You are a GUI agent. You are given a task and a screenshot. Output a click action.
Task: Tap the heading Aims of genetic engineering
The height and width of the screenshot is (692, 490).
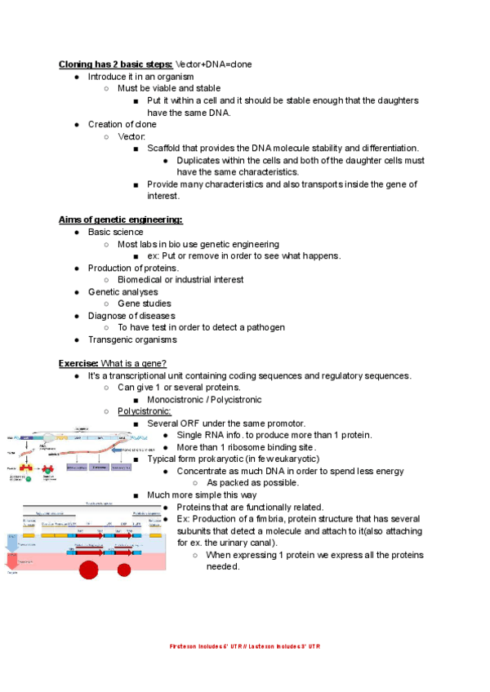(x=120, y=220)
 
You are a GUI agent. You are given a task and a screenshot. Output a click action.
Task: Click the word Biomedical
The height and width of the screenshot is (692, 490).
(x=145, y=280)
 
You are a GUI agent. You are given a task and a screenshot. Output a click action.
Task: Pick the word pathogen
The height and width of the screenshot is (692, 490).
(x=264, y=327)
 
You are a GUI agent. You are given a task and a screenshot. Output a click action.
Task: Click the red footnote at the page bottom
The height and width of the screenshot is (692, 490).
(x=245, y=646)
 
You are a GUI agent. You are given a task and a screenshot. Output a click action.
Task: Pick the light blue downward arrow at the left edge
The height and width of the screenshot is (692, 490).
(x=11, y=542)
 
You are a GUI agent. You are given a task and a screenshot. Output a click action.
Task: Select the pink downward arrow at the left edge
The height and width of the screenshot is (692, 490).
(x=11, y=563)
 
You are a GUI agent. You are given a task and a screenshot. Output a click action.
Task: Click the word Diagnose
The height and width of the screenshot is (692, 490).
(x=109, y=316)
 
